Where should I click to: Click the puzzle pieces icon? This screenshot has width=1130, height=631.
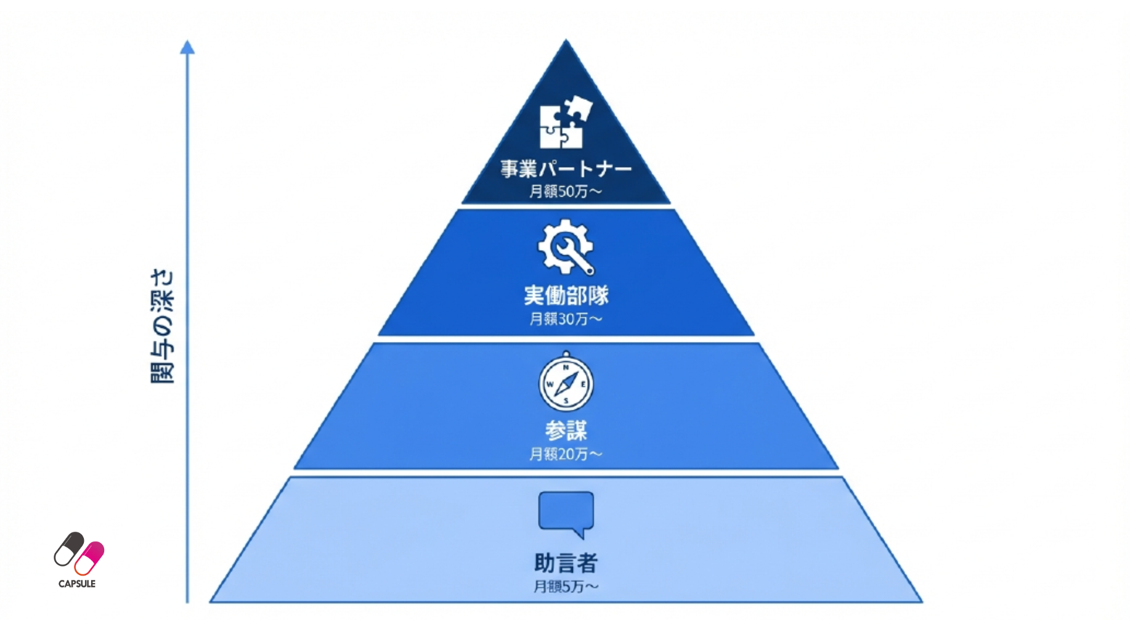coord(565,123)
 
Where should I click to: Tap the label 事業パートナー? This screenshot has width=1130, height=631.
coord(566,169)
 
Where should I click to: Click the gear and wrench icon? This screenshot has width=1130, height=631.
coord(566,247)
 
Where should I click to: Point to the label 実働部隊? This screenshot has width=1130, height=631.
coord(566,296)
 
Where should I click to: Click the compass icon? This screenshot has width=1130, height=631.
coord(566,383)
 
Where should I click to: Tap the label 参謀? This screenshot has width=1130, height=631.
coord(566,430)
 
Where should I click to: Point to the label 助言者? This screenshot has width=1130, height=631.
coord(566,563)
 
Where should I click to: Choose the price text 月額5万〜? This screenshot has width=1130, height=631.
coord(566,587)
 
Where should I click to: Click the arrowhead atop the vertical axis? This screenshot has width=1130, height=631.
coord(187,47)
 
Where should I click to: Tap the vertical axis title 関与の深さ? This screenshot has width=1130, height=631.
coord(162,327)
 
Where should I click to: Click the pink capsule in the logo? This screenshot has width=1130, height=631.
coord(90,558)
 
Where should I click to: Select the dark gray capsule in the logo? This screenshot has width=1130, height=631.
coord(68,548)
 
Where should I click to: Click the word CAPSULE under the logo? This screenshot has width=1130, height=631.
coord(77,584)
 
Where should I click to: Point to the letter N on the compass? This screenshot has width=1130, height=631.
coord(566,367)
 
